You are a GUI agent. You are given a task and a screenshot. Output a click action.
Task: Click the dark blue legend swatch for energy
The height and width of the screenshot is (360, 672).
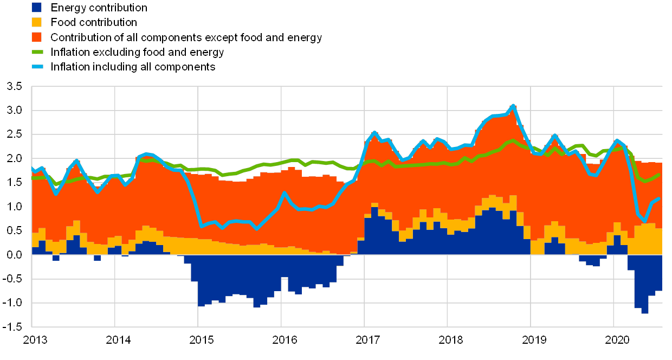point(37,8)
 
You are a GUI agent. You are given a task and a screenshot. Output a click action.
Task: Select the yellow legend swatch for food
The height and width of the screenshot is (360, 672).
point(37,22)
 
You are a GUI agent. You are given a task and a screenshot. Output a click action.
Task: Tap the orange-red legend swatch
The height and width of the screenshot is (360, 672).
point(37,37)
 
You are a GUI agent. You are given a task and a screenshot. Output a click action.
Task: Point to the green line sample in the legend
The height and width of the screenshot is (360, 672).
point(37,52)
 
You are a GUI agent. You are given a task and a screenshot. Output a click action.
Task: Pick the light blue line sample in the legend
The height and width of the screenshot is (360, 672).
point(37,67)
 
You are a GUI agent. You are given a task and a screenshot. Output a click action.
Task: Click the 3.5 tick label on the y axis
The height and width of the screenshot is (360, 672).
point(15,86)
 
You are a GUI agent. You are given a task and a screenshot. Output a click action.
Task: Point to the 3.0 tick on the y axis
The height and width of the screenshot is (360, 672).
point(15,110)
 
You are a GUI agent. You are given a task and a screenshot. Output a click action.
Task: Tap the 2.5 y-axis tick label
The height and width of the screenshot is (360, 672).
point(15,134)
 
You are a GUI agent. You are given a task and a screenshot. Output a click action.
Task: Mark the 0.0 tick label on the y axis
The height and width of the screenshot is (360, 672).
point(15,254)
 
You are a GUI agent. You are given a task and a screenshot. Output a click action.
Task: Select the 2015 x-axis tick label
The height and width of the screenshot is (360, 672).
point(201,340)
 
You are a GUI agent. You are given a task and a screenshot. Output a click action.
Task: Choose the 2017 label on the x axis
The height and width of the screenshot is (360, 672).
point(367,340)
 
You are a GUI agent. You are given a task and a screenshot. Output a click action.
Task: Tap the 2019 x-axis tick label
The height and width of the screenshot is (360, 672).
point(534,340)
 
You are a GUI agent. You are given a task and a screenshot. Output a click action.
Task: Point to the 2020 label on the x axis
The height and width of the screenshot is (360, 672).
point(617,340)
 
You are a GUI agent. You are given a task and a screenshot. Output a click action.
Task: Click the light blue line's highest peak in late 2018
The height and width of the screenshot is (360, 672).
point(513,106)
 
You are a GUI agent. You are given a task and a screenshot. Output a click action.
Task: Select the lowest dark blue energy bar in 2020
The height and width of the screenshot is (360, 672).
point(645,311)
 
